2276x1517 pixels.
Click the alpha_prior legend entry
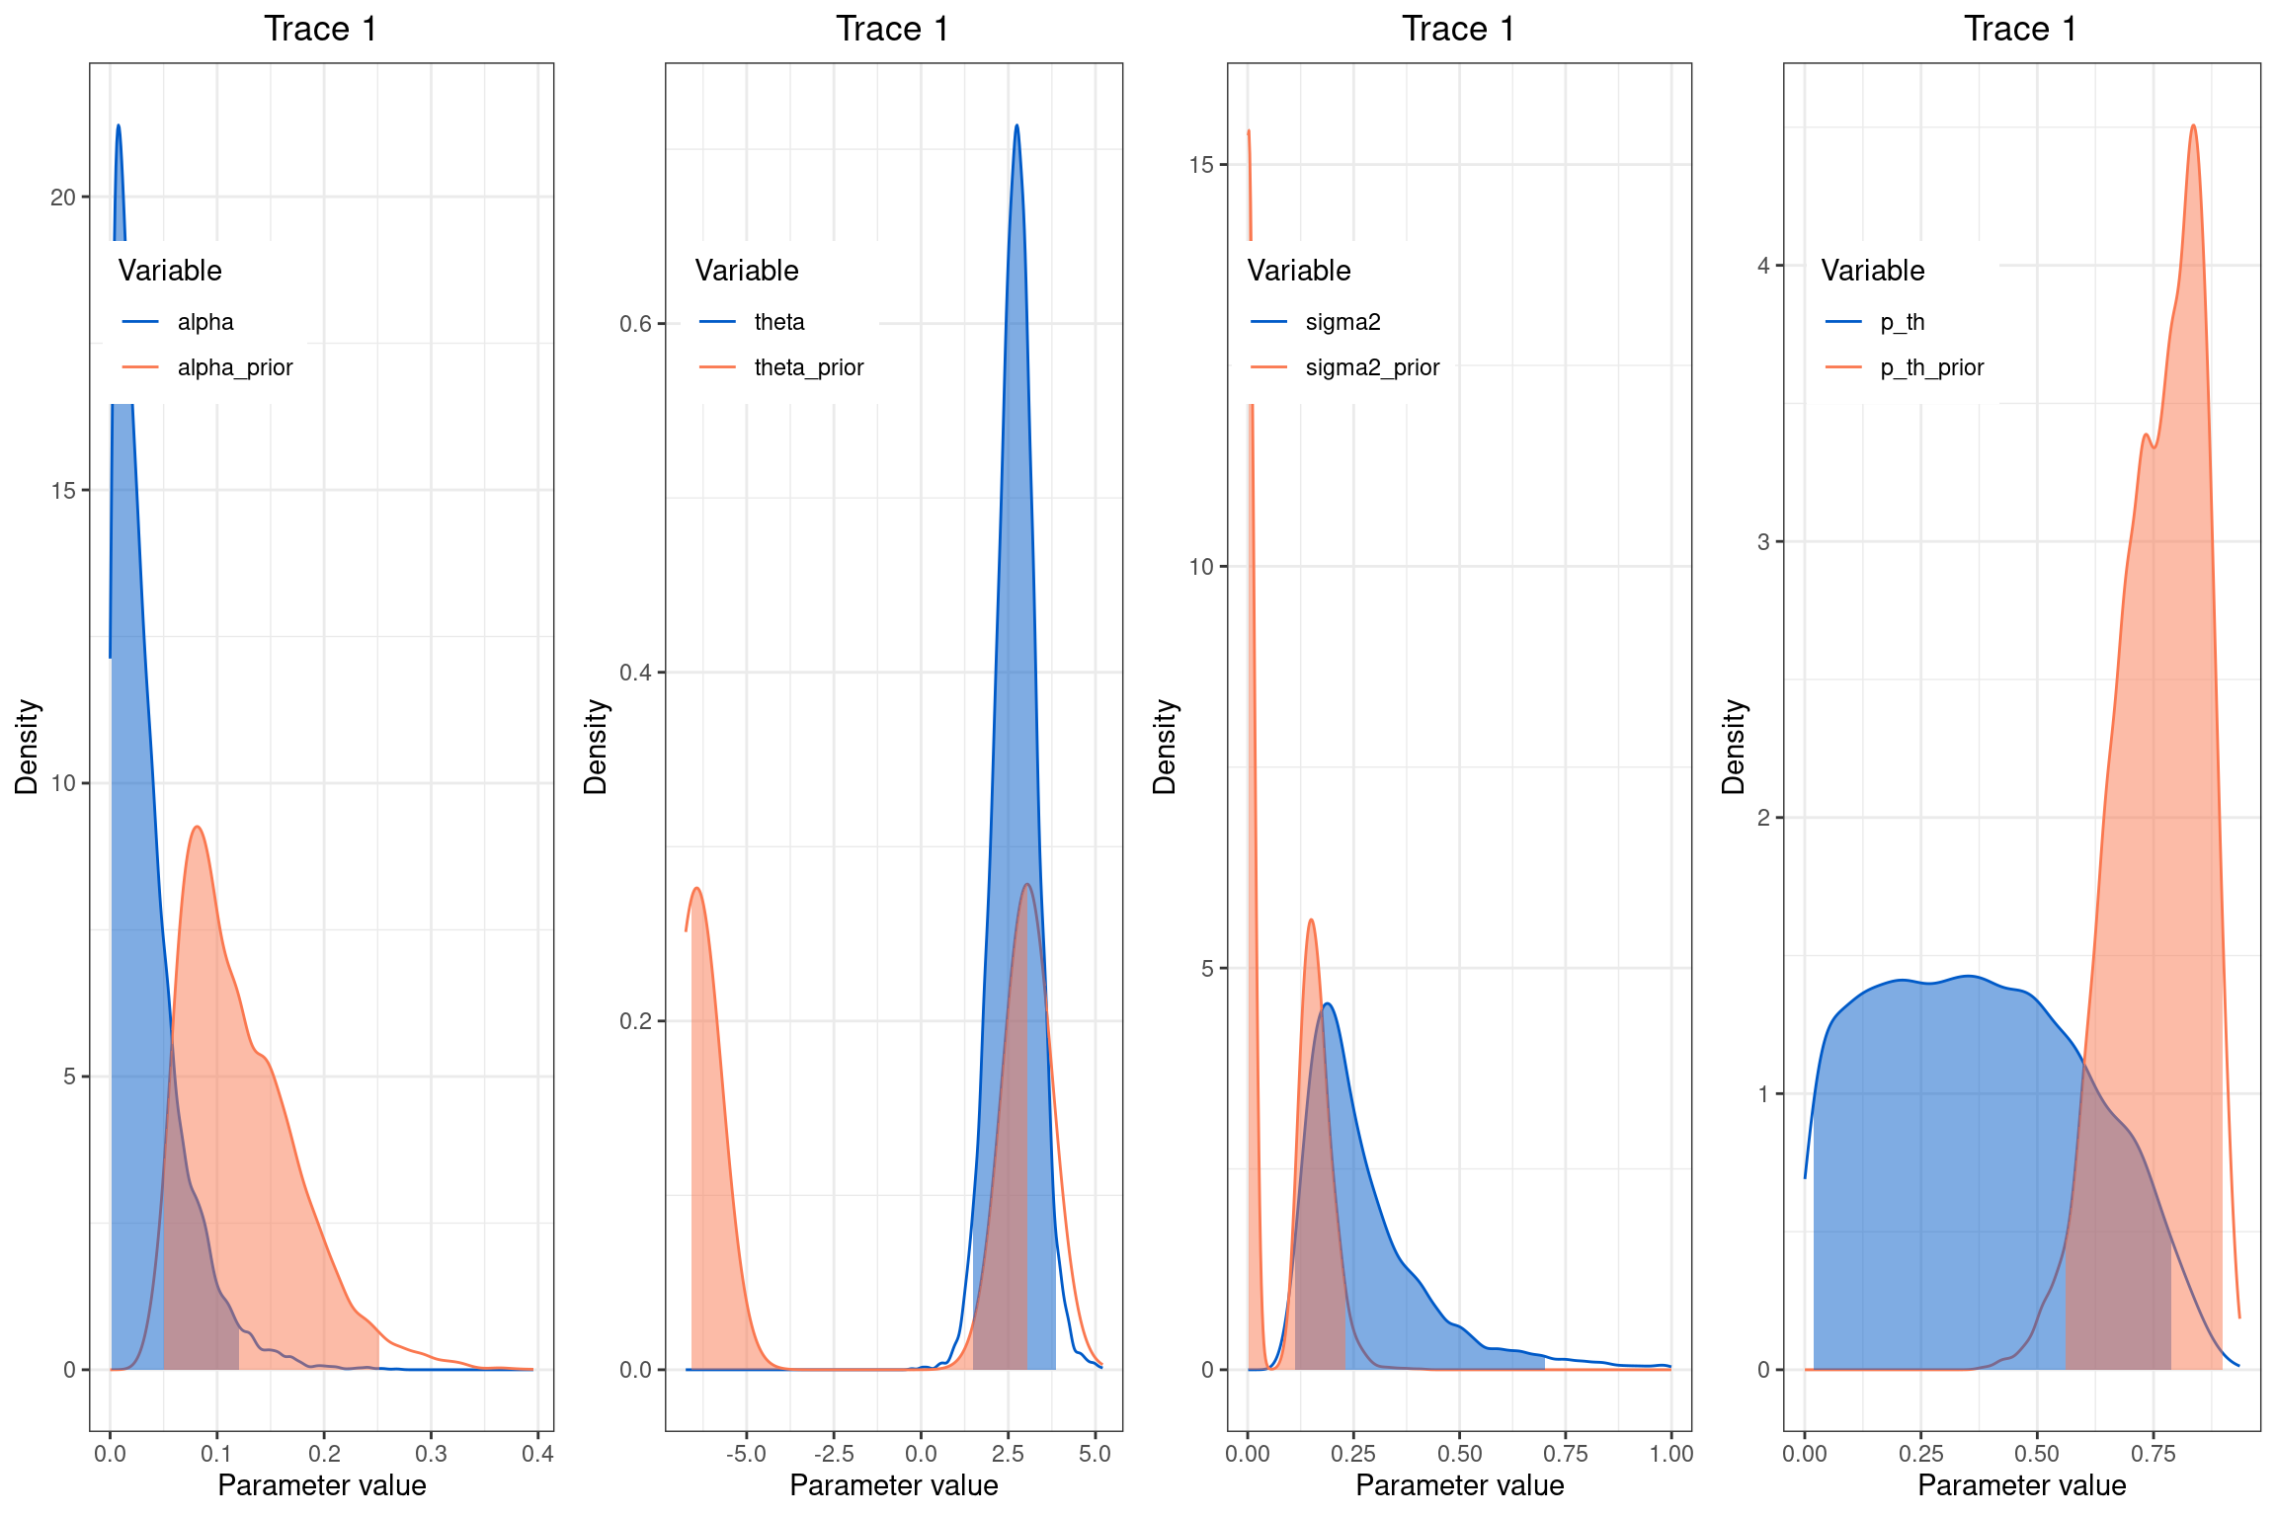[234, 367]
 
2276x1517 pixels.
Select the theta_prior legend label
[808, 367]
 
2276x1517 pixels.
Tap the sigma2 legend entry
[1342, 322]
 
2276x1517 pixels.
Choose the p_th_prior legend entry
[1931, 367]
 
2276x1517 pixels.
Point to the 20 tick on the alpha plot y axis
[63, 198]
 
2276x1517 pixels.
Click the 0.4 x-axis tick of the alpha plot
[537, 1454]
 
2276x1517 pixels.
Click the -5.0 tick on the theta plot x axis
[746, 1454]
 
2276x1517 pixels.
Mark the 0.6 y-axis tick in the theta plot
[635, 324]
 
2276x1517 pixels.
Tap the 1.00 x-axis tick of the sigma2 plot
[1670, 1454]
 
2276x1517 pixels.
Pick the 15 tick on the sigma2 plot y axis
[1201, 165]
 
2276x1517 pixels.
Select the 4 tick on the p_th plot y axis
[1763, 266]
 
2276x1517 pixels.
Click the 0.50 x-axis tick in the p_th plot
[2036, 1454]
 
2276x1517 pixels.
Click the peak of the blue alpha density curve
[119, 125]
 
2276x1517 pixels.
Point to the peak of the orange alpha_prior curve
[198, 827]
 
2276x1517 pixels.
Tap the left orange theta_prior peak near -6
[697, 888]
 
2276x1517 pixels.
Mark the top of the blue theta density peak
[1016, 125]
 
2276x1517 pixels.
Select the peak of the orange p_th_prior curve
[2193, 125]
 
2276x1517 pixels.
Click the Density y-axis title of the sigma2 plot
[1165, 747]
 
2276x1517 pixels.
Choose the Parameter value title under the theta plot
[893, 1485]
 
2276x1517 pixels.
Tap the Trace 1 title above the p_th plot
[2020, 29]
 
